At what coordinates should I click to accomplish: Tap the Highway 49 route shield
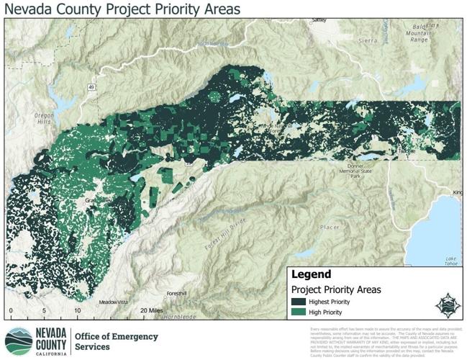(93, 67)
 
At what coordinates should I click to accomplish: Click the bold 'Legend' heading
(311, 274)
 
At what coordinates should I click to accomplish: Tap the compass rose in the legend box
(446, 302)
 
